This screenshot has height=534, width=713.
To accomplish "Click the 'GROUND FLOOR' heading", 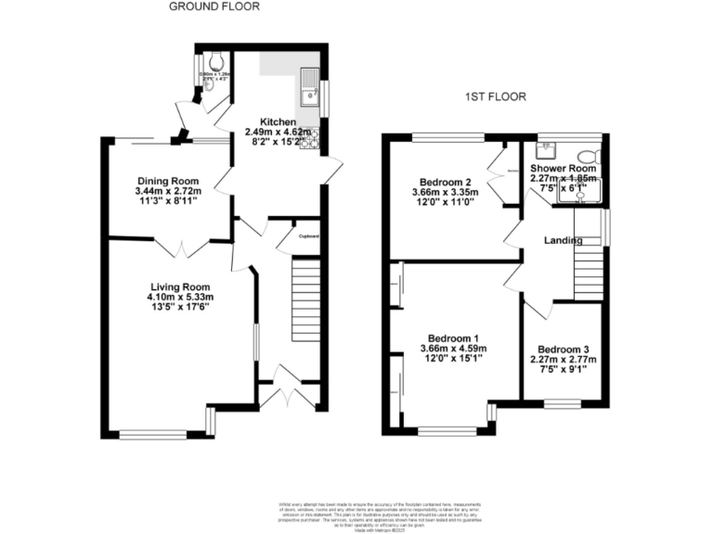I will (x=214, y=6).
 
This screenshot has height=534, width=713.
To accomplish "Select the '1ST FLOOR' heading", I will (x=495, y=96).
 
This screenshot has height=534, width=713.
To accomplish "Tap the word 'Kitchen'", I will (x=278, y=122).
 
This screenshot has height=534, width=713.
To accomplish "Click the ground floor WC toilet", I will (x=215, y=62).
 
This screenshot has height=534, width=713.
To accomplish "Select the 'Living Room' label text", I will (x=181, y=286).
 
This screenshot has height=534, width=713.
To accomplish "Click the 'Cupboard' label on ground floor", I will (x=308, y=236).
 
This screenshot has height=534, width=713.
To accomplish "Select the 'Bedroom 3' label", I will (x=564, y=350).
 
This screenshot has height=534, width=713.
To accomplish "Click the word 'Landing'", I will (x=563, y=241).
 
